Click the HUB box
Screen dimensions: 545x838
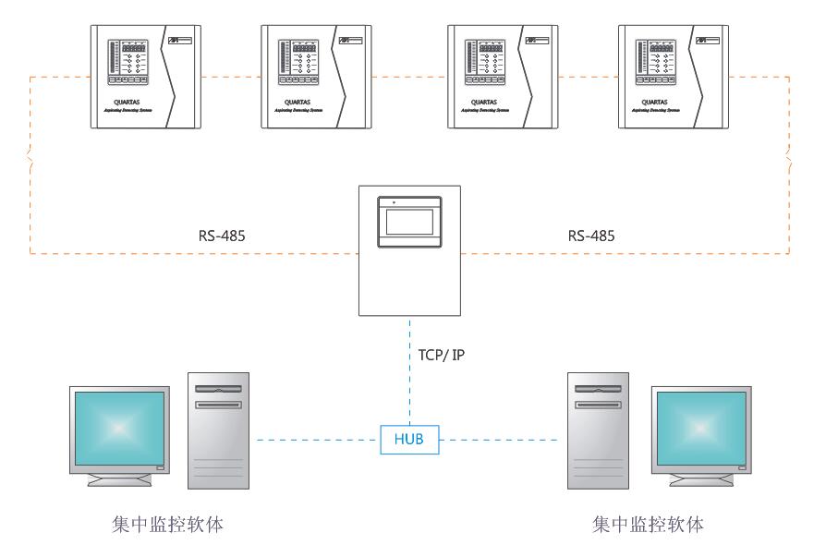pos(409,439)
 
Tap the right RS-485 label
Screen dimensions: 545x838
pos(590,236)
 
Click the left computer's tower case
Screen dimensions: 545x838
pos(218,430)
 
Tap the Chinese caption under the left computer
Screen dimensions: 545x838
pos(166,525)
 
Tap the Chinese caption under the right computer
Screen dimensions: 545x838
pos(648,525)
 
